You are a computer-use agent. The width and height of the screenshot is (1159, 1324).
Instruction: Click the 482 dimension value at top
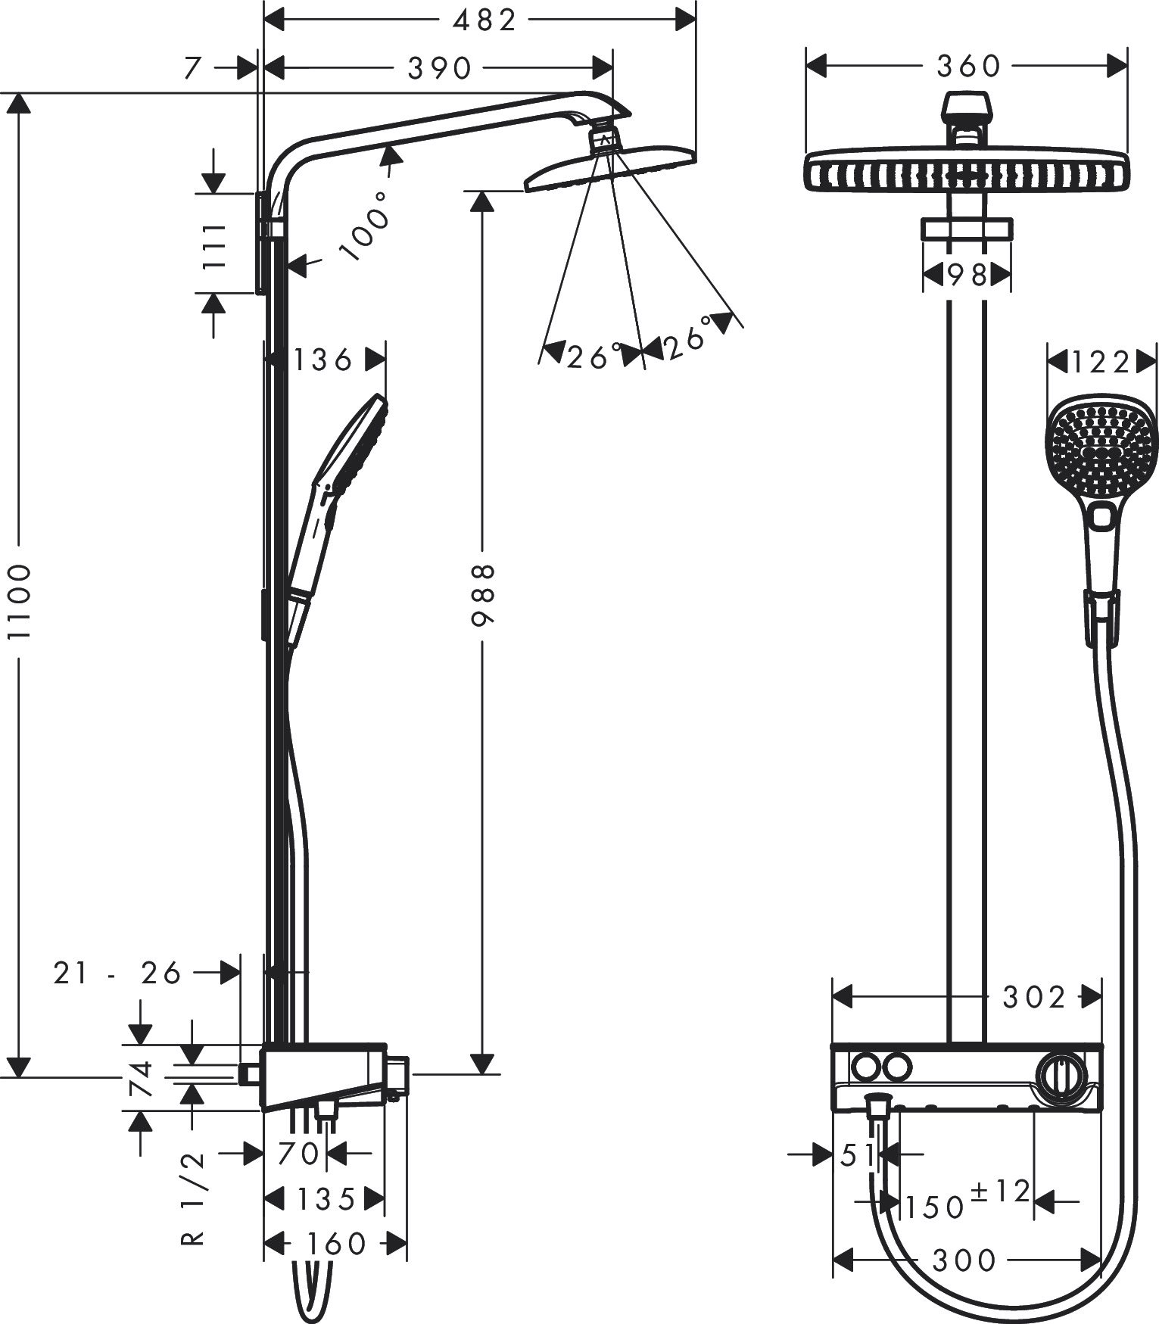point(484,20)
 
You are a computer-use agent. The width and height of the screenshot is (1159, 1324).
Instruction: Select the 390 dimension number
point(440,69)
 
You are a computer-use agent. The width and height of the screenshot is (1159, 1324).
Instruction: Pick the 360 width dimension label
point(968,67)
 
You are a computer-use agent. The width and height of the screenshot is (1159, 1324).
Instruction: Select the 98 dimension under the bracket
point(967,275)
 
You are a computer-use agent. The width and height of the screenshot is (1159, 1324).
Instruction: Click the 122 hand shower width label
point(1100,363)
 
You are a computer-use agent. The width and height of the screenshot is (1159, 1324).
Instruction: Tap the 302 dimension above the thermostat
point(1034,998)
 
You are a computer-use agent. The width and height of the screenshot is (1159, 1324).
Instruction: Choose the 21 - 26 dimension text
point(118,972)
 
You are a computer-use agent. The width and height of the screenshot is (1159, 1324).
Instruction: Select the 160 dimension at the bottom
point(335,1243)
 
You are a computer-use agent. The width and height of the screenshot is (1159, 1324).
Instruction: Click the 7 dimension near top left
point(195,69)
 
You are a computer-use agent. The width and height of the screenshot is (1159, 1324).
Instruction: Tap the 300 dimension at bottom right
point(964,1260)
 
